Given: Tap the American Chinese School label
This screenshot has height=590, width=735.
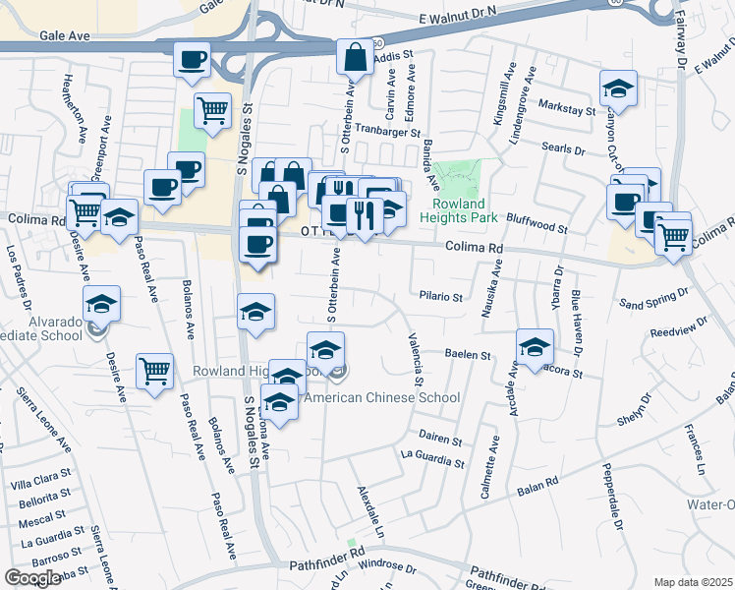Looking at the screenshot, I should (382, 398).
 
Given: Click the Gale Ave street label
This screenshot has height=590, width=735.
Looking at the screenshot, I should (65, 34).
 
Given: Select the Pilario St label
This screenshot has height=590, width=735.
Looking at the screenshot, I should (440, 294).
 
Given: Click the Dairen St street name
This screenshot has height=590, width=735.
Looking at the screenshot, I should (439, 439).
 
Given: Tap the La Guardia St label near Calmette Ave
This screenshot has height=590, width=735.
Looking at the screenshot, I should (430, 457).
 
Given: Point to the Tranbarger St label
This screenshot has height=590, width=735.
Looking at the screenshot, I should (387, 131).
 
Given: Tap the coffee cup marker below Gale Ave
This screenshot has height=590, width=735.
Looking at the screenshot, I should (192, 59).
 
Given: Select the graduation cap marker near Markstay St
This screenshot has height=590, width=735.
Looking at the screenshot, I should (618, 88).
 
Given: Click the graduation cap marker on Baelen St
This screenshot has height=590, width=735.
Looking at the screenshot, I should (536, 345).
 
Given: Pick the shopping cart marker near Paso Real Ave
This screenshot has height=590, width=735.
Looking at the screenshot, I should (155, 371).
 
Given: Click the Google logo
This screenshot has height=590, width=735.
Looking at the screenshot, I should (33, 578).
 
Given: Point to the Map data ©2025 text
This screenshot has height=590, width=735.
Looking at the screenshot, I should (693, 582).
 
